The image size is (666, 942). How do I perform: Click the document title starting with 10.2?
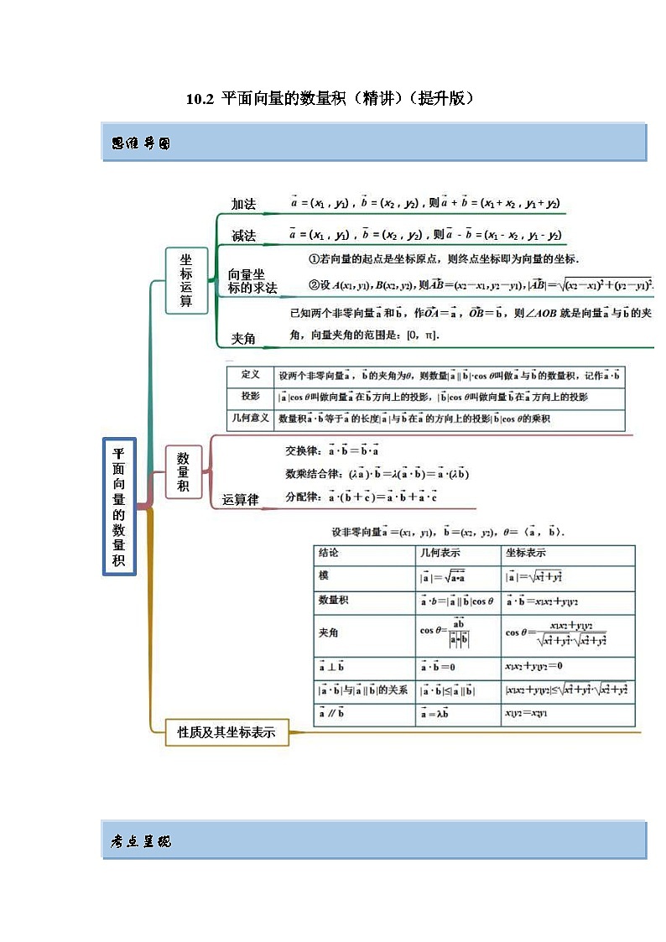(330, 99)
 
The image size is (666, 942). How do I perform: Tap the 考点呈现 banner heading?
(141, 841)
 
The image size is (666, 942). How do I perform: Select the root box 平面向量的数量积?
(118, 507)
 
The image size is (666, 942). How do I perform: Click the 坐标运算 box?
(186, 281)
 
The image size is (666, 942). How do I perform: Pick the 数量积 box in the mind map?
(183, 471)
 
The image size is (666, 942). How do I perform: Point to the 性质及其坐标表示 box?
(226, 732)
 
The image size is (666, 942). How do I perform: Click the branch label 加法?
(243, 204)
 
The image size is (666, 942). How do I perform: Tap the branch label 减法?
(243, 236)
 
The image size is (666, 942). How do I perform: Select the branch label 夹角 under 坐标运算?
(243, 339)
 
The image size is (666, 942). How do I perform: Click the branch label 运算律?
(240, 500)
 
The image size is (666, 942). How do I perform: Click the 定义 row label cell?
(250, 375)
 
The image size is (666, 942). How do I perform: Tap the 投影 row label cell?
(250, 397)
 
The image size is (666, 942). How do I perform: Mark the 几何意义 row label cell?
(250, 419)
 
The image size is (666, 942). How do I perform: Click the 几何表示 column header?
(440, 554)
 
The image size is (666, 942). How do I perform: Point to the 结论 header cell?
(329, 554)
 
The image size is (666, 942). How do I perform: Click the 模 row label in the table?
(324, 575)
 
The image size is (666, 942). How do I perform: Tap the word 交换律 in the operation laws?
(303, 450)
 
